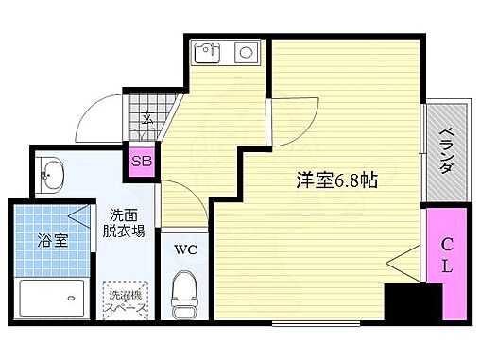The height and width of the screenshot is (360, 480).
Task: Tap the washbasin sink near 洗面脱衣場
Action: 51,173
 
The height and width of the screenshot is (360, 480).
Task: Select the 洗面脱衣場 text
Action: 126,222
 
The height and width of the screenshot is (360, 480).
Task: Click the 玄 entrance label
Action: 147,119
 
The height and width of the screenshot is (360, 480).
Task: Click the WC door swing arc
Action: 180,202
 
